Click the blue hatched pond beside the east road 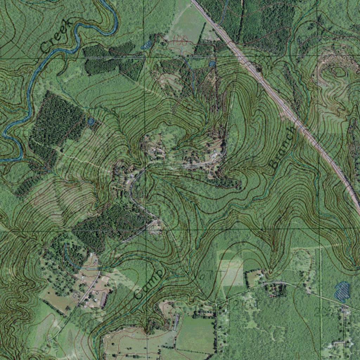click(x=342, y=291)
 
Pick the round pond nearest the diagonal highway click(x=212, y=64)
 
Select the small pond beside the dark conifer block click(x=91, y=122)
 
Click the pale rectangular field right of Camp click(x=231, y=272)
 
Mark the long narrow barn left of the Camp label click(x=104, y=299)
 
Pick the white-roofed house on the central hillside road click(x=214, y=155)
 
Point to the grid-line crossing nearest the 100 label click(x=144, y=57)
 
